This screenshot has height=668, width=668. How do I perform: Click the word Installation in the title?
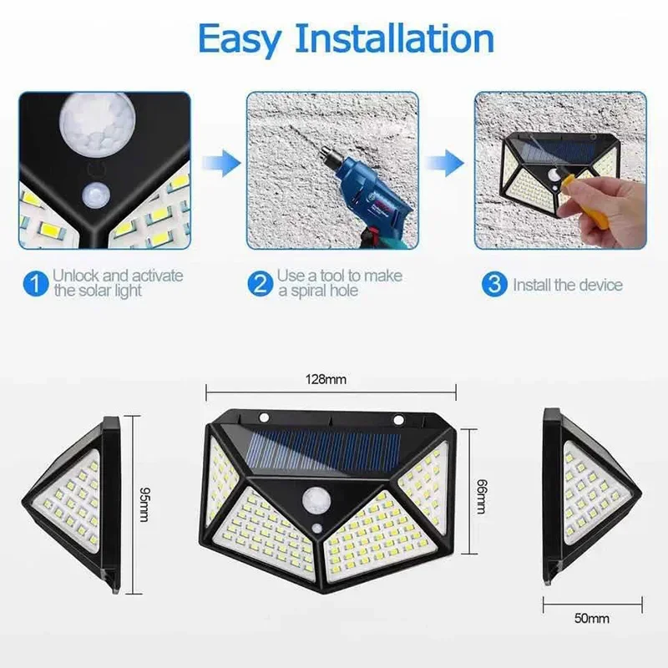pyautogui.click(x=396, y=39)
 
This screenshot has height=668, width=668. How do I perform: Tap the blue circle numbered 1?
pyautogui.click(x=34, y=284)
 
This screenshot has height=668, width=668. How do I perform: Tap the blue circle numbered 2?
pyautogui.click(x=260, y=284)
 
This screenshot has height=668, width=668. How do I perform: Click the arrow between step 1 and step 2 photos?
pyautogui.click(x=218, y=159)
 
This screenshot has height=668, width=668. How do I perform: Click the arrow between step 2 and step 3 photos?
pyautogui.click(x=452, y=159)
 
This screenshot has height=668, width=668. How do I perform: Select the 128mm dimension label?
pyautogui.click(x=330, y=380)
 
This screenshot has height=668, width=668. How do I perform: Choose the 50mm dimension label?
pyautogui.click(x=591, y=619)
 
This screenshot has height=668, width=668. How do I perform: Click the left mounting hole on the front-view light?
pyautogui.click(x=264, y=418)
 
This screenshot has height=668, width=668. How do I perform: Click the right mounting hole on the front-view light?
pyautogui.click(x=398, y=419)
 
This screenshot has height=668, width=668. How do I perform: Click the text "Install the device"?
pyautogui.click(x=568, y=285)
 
